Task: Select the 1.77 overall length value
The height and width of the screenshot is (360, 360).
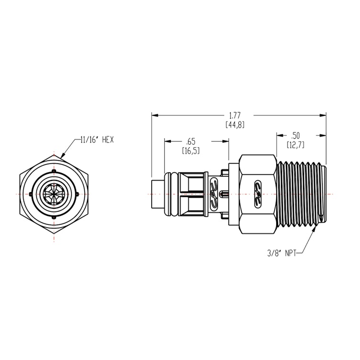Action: [x=235, y=115]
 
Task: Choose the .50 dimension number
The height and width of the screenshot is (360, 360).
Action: [x=296, y=135]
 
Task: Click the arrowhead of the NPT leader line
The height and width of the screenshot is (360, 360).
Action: [x=315, y=230]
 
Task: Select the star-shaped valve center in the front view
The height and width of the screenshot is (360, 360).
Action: [x=54, y=194]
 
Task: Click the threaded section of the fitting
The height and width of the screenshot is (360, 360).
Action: [x=301, y=194]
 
